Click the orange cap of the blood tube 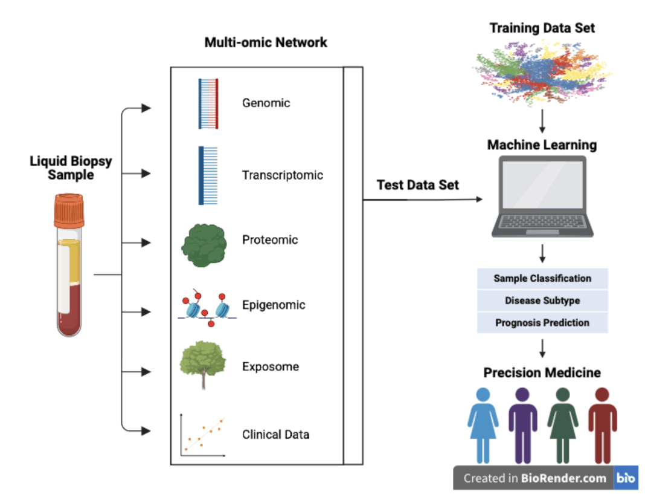pos(69,211)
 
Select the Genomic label pos(266,103)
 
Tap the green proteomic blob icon pos(204,245)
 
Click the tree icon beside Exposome pos(203,365)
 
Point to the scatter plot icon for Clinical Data pos(203,435)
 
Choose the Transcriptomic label pos(282,175)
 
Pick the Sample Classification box pos(542,279)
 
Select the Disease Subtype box pos(542,300)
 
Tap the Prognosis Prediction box pos(542,323)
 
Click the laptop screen pos(542,184)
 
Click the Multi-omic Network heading pos(266,42)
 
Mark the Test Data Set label pos(417,185)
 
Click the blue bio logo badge pos(626,478)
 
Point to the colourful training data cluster pos(542,72)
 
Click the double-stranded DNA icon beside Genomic pos(208,104)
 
